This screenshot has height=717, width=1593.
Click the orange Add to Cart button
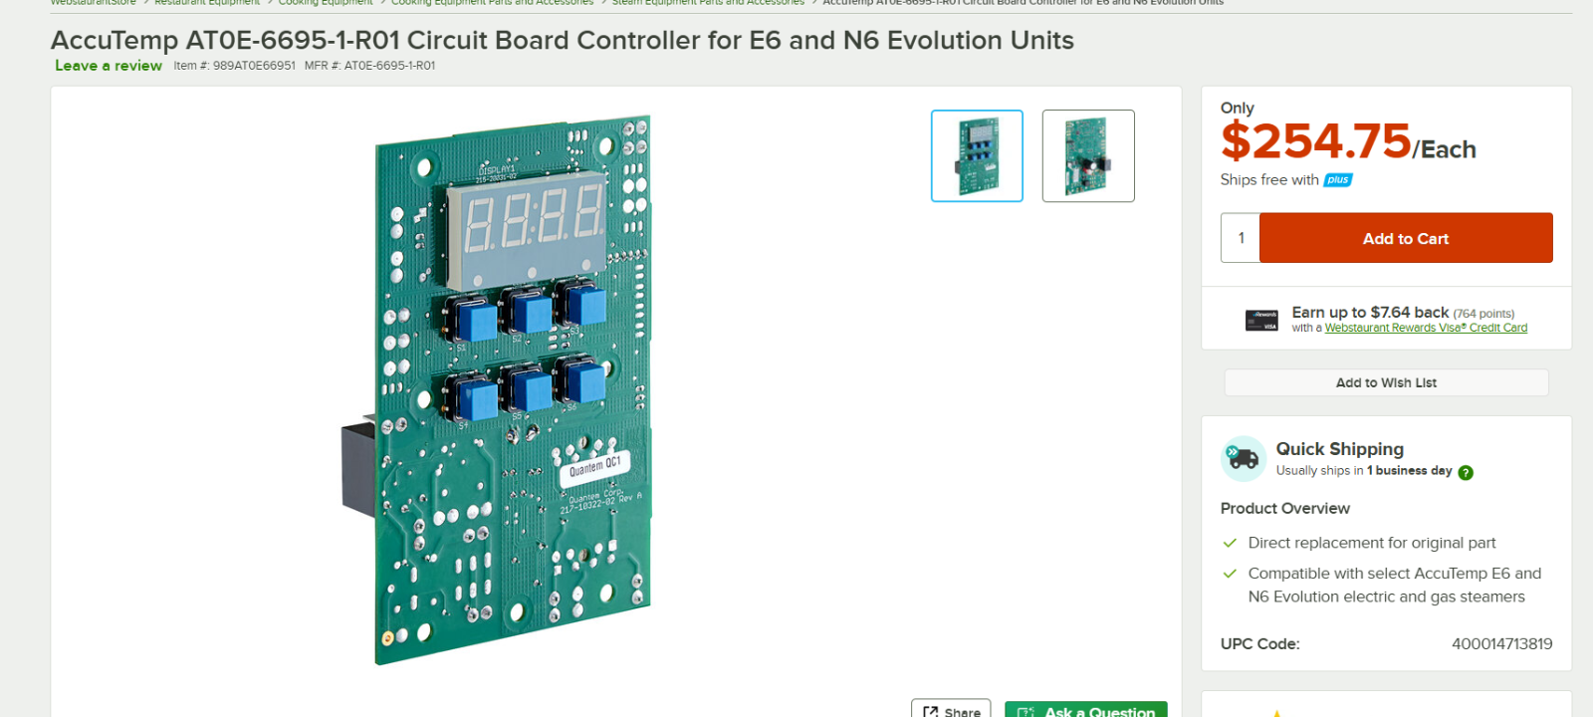pyautogui.click(x=1405, y=238)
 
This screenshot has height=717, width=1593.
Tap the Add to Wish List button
pyautogui.click(x=1386, y=382)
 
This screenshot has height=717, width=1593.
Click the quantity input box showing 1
pyautogui.click(x=1241, y=238)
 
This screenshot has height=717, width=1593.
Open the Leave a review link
pyautogui.click(x=109, y=66)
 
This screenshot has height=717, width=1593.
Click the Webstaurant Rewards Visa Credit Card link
pyautogui.click(x=1426, y=328)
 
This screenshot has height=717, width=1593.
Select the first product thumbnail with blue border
pyautogui.click(x=977, y=156)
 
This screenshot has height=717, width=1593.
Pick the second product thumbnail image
pyautogui.click(x=1088, y=156)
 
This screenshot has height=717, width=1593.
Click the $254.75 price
pyautogui.click(x=1316, y=141)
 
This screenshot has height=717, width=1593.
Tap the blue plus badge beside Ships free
pyautogui.click(x=1338, y=180)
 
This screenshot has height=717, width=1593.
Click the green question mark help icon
pyautogui.click(x=1466, y=473)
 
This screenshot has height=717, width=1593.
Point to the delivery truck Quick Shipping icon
pyautogui.click(x=1243, y=458)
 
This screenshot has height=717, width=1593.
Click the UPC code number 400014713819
pyautogui.click(x=1501, y=644)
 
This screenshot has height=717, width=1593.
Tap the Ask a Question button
pyautogui.click(x=1086, y=710)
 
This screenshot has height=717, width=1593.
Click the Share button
pyautogui.click(x=951, y=710)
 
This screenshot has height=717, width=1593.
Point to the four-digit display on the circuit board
pyautogui.click(x=529, y=221)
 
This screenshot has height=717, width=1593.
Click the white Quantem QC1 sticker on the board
pyautogui.click(x=594, y=466)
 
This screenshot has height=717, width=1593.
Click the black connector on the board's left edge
pyautogui.click(x=358, y=468)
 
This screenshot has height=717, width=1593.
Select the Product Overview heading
pyautogui.click(x=1284, y=508)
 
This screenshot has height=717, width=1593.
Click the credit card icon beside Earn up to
pyautogui.click(x=1261, y=320)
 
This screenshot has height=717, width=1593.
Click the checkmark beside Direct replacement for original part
pyautogui.click(x=1230, y=543)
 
